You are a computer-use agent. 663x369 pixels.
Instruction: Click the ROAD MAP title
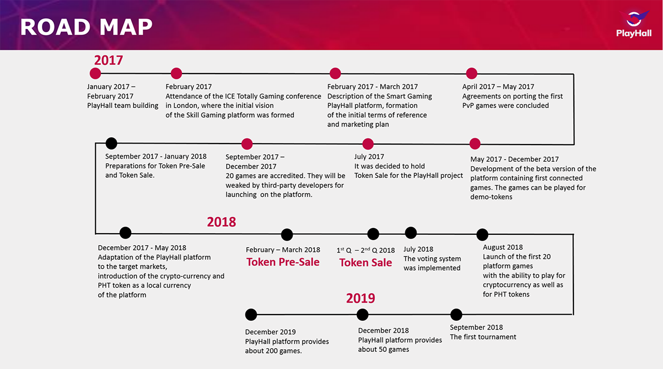pos(86,27)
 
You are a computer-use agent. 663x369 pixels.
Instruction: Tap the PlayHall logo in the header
pos(633,24)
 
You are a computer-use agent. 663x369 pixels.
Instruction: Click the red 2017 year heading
pos(108,61)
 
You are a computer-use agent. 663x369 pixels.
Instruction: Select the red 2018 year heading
pos(221,222)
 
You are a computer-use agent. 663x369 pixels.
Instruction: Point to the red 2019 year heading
pos(361,298)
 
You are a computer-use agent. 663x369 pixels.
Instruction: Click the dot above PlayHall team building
pos(95,74)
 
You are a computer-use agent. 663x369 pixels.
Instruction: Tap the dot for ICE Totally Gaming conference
pos(177,74)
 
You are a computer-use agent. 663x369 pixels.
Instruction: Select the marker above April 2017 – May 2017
pos(471,74)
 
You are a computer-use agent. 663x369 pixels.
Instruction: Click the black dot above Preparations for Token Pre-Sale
pos(111,144)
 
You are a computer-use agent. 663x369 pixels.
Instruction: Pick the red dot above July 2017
pos(368,144)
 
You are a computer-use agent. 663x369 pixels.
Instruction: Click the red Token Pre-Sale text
pos(283,262)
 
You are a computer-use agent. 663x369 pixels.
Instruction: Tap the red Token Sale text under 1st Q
pos(366,263)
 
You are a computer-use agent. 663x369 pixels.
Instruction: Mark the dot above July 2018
pos(411,233)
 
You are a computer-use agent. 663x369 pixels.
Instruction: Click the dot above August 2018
pos(482,235)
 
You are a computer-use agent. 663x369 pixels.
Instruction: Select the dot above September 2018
pos(456,315)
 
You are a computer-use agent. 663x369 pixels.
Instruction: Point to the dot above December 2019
pos(251,315)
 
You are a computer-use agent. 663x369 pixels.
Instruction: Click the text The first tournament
pos(483,337)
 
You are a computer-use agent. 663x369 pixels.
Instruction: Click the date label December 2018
pos(383,331)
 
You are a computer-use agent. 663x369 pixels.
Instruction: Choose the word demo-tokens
pos(492,197)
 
